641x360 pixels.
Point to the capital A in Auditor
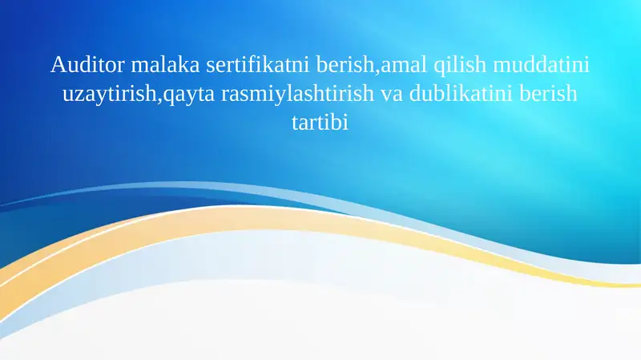(56, 63)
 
